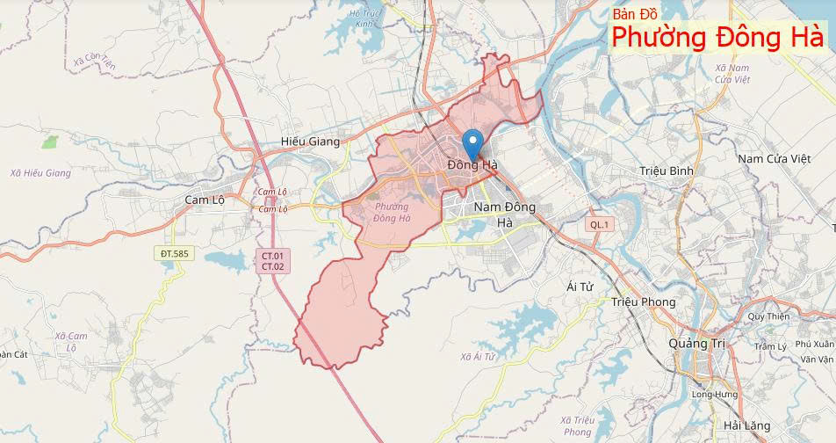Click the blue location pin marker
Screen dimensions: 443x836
472,142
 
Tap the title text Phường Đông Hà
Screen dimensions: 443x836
717,38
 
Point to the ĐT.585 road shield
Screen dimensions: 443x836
174,254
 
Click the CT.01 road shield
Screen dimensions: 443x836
272,256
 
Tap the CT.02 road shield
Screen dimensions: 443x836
272,266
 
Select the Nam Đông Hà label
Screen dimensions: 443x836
504,214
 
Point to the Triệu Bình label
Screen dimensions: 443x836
667,170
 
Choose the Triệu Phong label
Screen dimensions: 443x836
643,301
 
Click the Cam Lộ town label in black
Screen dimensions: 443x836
205,200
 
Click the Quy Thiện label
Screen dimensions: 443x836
768,316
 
